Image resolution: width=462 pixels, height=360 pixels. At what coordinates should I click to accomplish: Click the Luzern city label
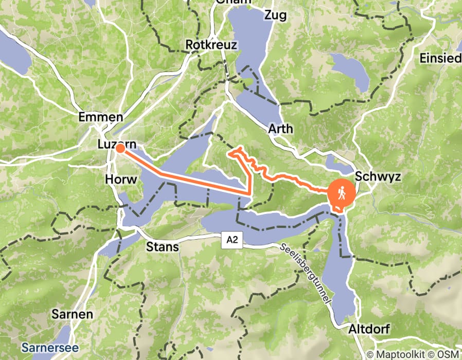117,146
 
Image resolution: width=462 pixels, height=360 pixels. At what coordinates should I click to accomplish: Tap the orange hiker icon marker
341,194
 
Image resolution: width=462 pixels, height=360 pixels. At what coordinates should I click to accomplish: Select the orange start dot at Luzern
120,149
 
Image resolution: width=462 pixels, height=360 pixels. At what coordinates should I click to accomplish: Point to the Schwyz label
378,176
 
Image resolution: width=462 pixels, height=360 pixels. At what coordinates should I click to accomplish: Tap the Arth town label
280,129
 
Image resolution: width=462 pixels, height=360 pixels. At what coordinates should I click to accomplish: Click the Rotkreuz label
211,45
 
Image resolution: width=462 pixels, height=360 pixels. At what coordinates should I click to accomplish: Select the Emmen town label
100,117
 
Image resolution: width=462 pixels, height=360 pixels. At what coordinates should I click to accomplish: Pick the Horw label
120,179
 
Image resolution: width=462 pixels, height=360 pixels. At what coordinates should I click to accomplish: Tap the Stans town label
163,247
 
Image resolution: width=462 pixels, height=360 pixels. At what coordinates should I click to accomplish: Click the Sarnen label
73,314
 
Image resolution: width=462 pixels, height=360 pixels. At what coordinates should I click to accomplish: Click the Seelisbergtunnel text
308,273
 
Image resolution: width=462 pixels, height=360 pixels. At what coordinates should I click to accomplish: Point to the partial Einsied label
440,58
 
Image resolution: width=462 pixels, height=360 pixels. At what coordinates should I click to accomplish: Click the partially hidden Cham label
234,2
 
